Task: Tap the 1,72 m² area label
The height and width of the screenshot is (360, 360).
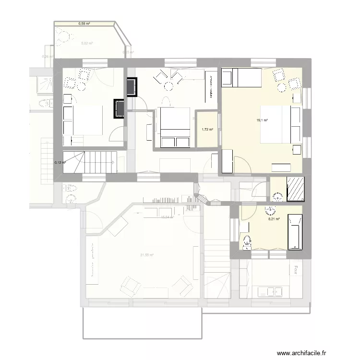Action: click(207, 129)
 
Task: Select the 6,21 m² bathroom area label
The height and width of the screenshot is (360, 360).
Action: click(274, 219)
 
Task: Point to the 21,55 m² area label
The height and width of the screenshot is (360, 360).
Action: click(147, 255)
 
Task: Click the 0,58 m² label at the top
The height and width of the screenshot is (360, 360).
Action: click(84, 24)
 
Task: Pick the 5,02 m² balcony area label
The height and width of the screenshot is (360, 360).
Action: click(87, 43)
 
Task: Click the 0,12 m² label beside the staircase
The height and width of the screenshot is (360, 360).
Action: click(60, 162)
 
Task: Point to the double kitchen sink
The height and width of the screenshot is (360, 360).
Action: click(270, 290)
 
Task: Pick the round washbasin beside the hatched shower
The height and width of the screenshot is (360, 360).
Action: click(277, 196)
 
